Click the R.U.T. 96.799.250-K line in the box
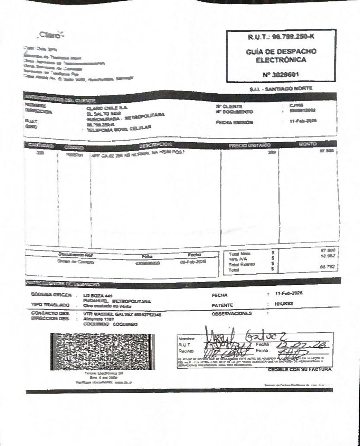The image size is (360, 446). pyautogui.click(x=280, y=37)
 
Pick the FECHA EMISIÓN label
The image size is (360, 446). pyautogui.click(x=234, y=122)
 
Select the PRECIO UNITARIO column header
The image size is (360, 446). pyautogui.click(x=249, y=145)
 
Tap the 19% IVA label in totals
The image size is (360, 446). pyautogui.click(x=236, y=259)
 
